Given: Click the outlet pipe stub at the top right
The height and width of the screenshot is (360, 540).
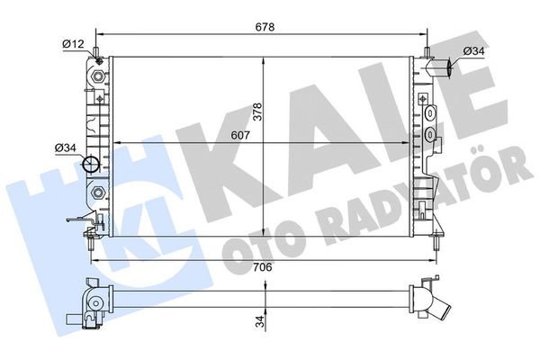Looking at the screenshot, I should pyautogui.click(x=441, y=67).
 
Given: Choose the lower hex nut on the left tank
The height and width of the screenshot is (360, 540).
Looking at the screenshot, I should pyautogui.click(x=96, y=192).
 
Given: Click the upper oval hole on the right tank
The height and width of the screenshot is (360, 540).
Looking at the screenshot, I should pyautogui.click(x=432, y=114).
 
